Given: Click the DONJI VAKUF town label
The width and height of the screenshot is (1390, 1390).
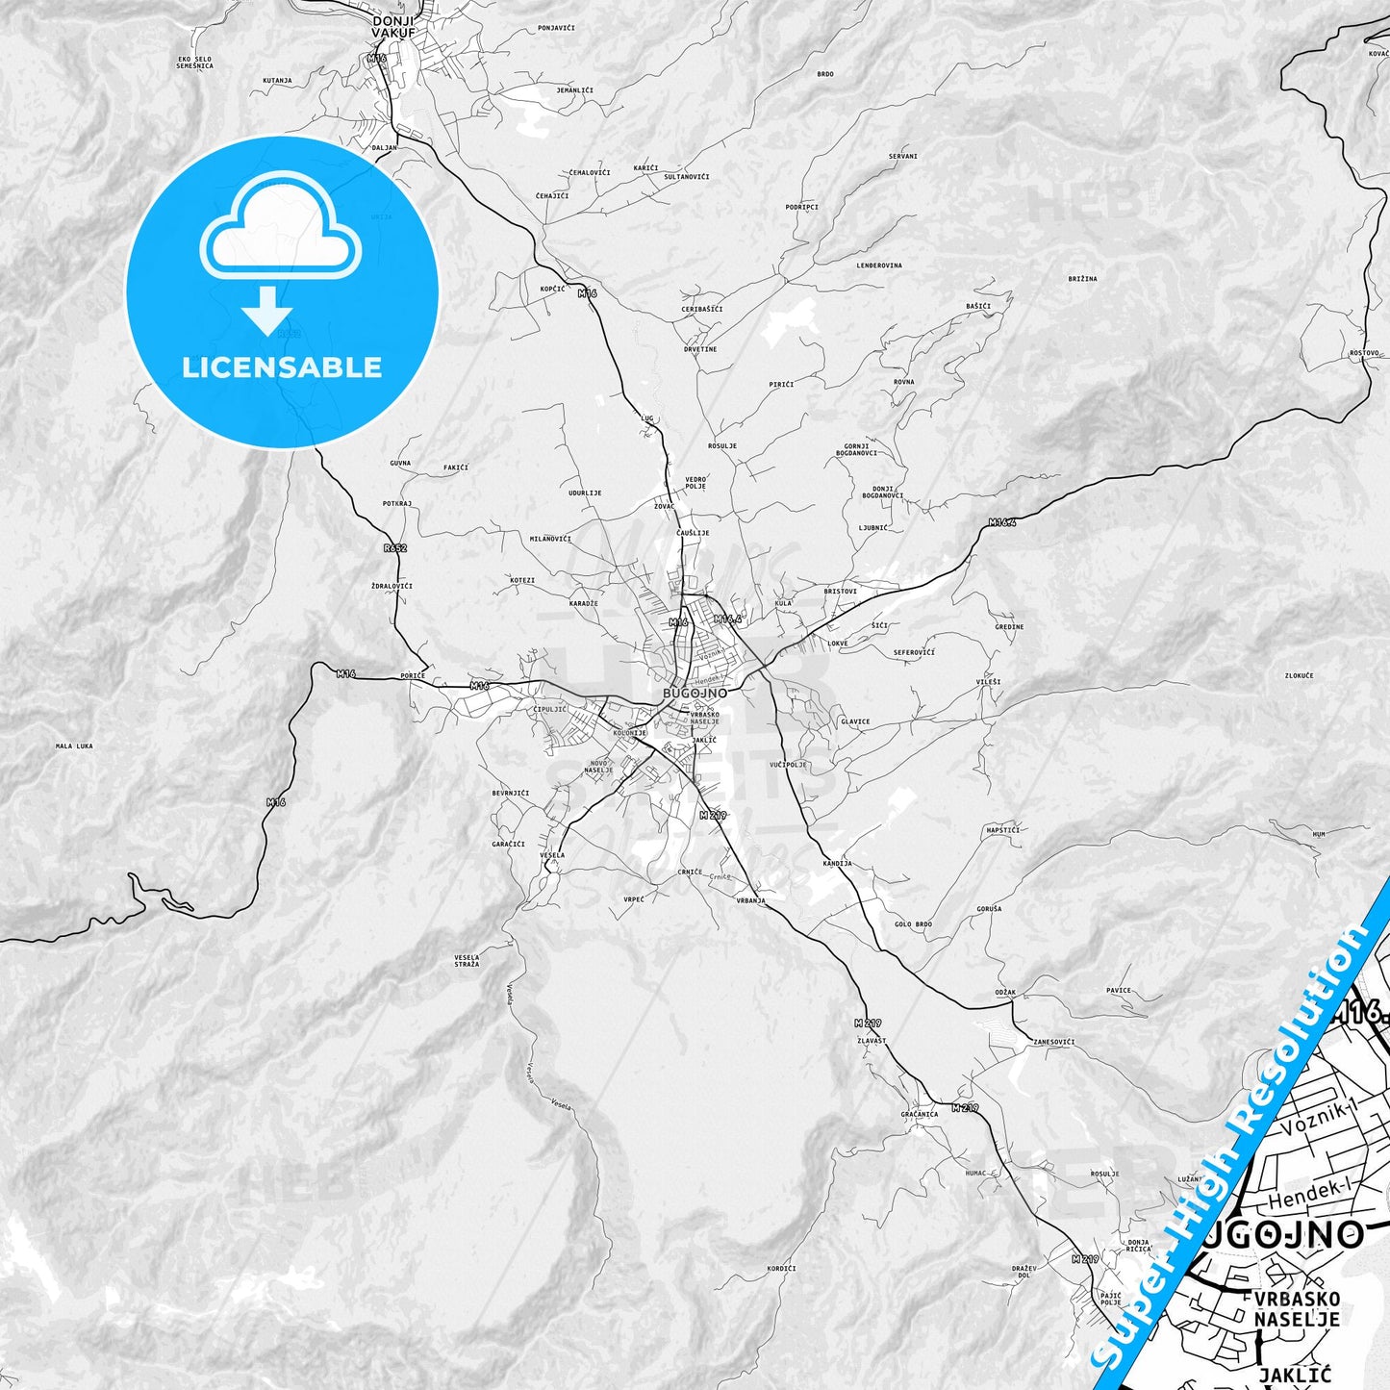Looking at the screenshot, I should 394,26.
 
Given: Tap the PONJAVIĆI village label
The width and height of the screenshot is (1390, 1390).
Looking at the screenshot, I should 556,28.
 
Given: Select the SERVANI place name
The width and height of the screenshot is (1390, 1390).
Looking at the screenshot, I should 902,156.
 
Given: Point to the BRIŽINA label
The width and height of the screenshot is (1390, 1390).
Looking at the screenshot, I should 1082,279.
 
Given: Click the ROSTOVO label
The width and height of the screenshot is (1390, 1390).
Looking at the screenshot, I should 1364,353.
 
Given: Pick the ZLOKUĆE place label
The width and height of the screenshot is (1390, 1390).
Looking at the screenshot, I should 1299,675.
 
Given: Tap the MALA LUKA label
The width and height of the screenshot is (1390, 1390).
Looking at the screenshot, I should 74,746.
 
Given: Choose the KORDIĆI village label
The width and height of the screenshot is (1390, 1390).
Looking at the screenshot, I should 781,1269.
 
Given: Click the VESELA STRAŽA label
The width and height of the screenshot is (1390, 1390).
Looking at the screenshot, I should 467,960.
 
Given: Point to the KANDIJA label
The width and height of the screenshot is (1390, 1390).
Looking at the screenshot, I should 837,863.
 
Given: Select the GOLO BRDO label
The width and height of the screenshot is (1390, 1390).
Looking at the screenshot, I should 913,924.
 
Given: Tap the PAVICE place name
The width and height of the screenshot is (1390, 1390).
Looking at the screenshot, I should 1119,990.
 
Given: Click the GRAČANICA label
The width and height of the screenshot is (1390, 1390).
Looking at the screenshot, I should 920,1114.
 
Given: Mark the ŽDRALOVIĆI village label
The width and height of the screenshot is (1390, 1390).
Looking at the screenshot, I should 392,586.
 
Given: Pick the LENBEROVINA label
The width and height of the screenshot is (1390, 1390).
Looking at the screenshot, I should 879,265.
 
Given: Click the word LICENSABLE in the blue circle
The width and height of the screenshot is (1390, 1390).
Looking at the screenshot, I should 282,367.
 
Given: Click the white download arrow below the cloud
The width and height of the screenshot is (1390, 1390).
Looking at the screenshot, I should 267,311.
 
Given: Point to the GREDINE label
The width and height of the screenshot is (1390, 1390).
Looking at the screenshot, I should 1009,626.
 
